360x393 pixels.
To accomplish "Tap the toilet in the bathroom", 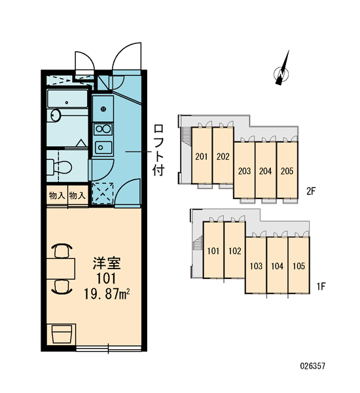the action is point(60,166).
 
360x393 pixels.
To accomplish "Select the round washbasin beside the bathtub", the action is point(56,115).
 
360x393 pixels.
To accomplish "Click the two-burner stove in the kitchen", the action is point(103,129).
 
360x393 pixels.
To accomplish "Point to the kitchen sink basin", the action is point(103,147).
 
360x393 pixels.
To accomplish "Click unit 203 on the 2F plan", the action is point(245,170).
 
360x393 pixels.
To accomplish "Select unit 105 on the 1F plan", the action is point(299,265).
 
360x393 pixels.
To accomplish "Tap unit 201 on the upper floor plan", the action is point(202,156).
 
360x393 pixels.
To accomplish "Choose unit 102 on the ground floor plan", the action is point(235,250).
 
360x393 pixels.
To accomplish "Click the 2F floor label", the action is point(311,191).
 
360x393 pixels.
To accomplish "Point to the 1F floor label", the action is point(321,286).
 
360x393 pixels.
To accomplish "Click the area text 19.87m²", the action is point(107,294).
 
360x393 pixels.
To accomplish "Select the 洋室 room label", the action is point(107,263).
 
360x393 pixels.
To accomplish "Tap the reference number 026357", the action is point(313,365).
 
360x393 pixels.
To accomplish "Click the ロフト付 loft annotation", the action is point(158,150).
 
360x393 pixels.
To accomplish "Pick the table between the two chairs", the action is point(61,269).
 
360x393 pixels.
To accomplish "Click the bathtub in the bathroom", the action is point(67,99).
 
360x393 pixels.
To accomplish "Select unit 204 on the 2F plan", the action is point(266,170).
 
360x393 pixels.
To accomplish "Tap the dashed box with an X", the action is point(103,193).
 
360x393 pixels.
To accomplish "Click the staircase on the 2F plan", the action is point(186,135).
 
